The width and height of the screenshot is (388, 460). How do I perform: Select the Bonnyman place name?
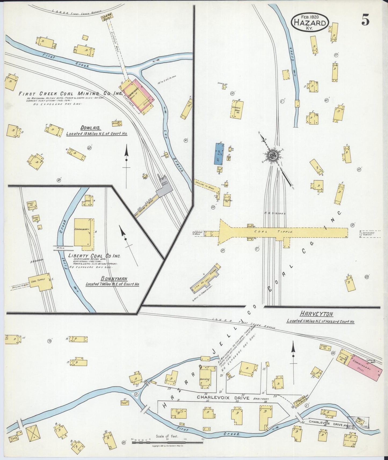coord(114,279)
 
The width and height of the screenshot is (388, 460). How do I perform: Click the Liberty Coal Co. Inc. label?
coord(94,256)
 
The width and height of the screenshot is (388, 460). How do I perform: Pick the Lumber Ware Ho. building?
coord(237,109)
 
